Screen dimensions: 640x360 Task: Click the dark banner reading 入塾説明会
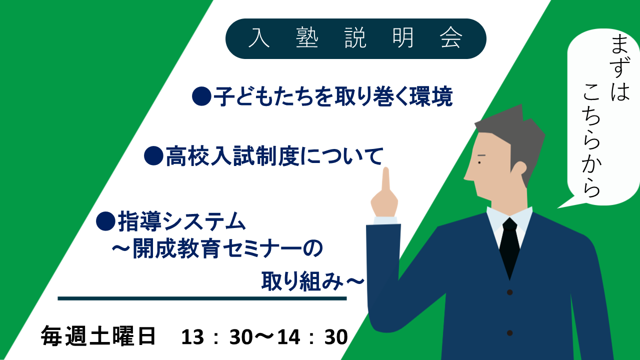[355, 38]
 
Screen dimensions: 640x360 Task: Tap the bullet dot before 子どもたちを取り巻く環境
[201, 96]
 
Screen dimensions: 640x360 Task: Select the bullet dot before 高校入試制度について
[153, 155]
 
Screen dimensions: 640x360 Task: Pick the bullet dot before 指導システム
[105, 221]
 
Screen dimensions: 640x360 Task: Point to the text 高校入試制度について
[274, 156]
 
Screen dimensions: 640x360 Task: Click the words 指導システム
[182, 221]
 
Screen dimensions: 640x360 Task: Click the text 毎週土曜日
[98, 336]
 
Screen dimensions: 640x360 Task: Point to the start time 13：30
[217, 337]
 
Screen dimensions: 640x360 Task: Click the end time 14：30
[312, 337]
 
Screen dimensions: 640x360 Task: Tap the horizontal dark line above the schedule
[202, 298]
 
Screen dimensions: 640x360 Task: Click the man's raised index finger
[386, 180]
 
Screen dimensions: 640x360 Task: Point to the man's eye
[479, 163]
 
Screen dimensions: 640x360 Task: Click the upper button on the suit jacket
[509, 292]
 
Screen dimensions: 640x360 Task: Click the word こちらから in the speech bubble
[591, 140]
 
